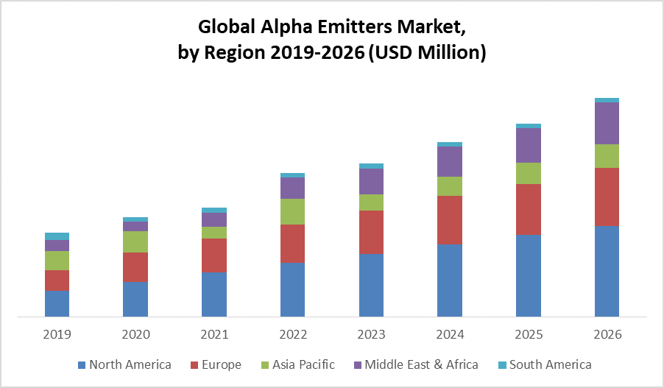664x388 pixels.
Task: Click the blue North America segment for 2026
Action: pyautogui.click(x=607, y=272)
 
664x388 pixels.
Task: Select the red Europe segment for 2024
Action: pyautogui.click(x=450, y=220)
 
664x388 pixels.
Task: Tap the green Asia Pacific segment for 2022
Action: pyautogui.click(x=292, y=211)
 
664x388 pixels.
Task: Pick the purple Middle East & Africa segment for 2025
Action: pyautogui.click(x=529, y=145)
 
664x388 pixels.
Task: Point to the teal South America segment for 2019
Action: pyautogui.click(x=57, y=236)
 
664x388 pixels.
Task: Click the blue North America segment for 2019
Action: pyautogui.click(x=57, y=304)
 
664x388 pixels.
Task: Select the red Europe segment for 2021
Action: pyautogui.click(x=214, y=255)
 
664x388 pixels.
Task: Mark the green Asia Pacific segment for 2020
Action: pyautogui.click(x=135, y=241)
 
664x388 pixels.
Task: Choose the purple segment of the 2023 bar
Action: pyautogui.click(x=371, y=181)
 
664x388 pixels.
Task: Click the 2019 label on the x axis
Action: pyautogui.click(x=57, y=334)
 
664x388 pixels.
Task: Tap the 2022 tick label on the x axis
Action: pyautogui.click(x=292, y=334)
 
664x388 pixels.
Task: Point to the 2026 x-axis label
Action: pyautogui.click(x=607, y=334)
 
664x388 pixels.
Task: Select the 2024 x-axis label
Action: pyautogui.click(x=450, y=334)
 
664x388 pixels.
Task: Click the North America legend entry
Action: pyautogui.click(x=124, y=364)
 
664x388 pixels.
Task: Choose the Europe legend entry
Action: pyautogui.click(x=219, y=364)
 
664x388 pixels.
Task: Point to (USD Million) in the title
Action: pyautogui.click(x=425, y=54)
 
